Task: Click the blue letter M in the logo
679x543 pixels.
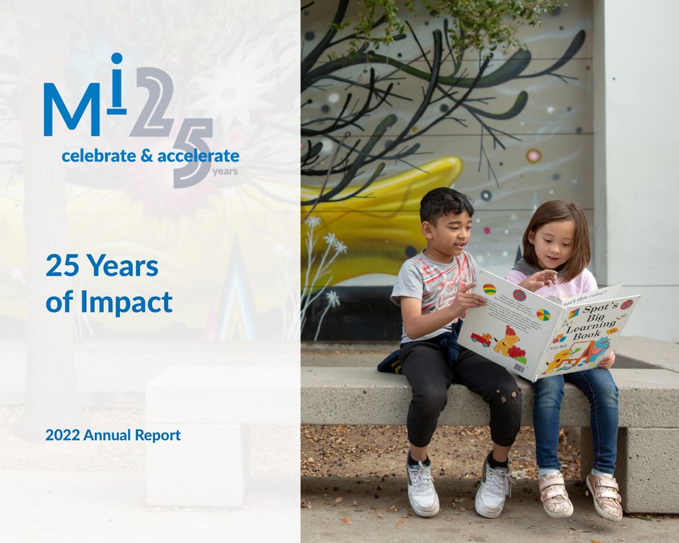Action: (71, 109)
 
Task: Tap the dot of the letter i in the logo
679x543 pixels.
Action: (116, 59)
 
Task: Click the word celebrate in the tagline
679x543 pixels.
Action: (98, 156)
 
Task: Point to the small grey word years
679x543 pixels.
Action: (225, 172)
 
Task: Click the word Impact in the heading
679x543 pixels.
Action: (126, 302)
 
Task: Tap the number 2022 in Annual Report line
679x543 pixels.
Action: (63, 435)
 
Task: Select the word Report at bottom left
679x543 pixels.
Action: (158, 435)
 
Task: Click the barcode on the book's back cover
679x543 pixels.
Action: (519, 367)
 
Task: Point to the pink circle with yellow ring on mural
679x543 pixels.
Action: (533, 156)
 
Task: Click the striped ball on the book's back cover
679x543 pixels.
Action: (489, 289)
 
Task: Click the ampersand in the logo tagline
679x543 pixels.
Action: (147, 156)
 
